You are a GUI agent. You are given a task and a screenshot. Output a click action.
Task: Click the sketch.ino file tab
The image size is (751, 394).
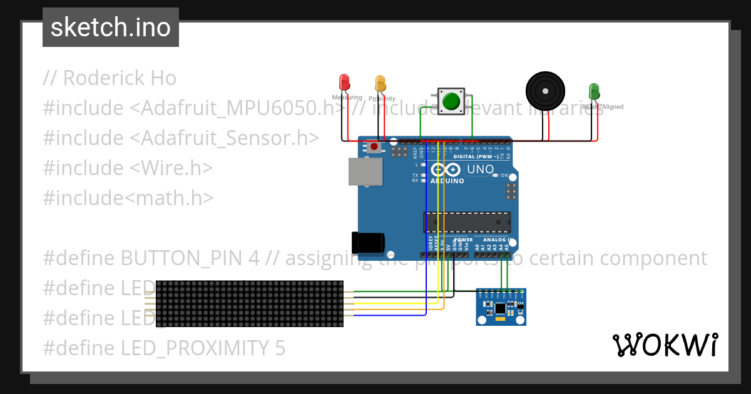click(110, 28)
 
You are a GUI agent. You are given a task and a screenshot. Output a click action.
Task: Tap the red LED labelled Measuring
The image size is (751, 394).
click(344, 83)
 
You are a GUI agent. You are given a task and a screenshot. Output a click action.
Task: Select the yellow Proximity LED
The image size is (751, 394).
click(380, 84)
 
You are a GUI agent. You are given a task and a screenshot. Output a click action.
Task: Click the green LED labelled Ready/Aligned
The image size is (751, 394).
click(593, 91)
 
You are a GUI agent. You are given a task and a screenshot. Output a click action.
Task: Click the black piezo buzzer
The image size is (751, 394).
click(545, 91)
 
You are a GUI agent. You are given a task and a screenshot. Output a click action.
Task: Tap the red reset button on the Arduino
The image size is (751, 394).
click(374, 147)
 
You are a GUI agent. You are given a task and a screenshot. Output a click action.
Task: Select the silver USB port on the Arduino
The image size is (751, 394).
click(365, 171)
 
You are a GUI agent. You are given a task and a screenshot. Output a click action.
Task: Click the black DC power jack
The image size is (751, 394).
click(367, 243)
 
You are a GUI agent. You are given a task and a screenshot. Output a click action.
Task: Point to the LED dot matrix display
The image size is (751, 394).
click(249, 304)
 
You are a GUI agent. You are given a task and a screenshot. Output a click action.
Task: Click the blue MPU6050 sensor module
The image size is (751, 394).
click(501, 306)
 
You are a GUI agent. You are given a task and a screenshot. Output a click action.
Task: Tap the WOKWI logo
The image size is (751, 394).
click(665, 345)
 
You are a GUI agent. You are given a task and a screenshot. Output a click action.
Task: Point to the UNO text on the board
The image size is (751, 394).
click(480, 169)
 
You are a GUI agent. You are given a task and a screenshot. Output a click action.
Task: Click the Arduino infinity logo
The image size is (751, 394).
click(445, 169)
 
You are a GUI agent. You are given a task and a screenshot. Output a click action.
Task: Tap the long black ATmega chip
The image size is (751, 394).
click(466, 223)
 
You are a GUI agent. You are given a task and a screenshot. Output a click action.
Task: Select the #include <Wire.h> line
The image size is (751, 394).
click(128, 168)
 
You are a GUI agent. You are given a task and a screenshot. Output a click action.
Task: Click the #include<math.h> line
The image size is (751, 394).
click(128, 198)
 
